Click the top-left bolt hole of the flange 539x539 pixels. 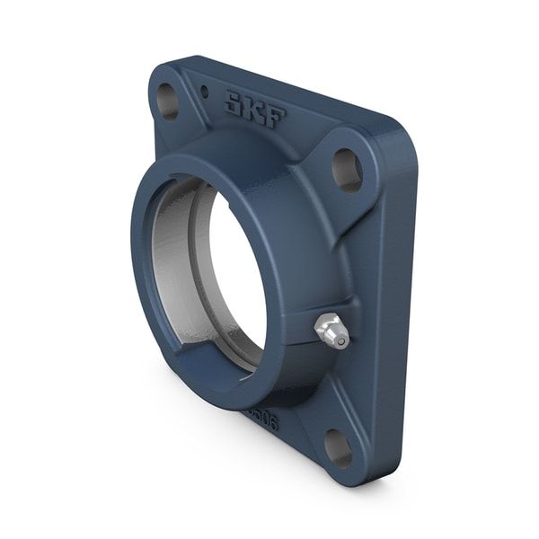(168, 101)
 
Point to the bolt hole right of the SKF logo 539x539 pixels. (347, 170)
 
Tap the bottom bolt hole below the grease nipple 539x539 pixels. (339, 446)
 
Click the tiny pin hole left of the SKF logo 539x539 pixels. (205, 91)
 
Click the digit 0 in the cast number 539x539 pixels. (261, 419)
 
